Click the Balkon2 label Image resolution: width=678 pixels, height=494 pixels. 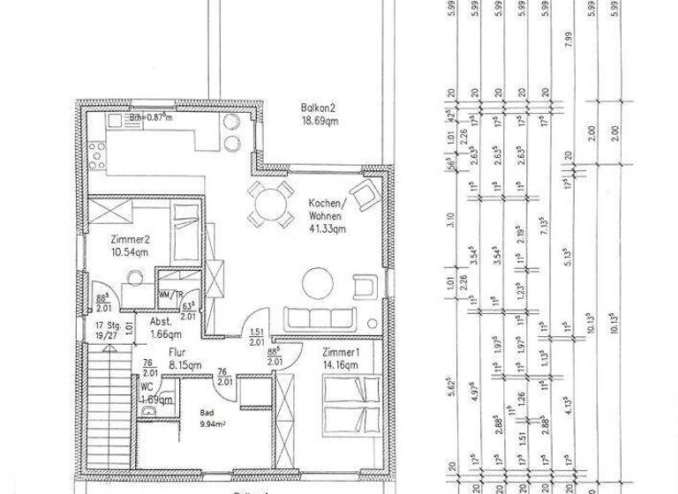[314, 109]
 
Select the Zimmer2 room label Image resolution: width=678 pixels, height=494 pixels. [129, 239]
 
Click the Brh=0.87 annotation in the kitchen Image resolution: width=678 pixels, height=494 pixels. [147, 118]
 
